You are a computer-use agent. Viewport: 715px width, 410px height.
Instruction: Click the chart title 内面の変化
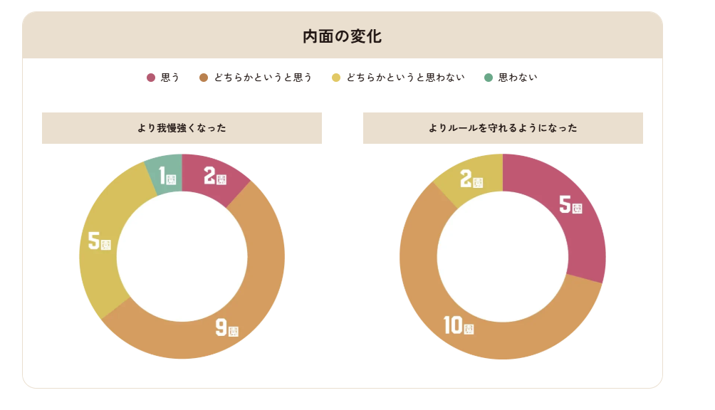[x=342, y=36]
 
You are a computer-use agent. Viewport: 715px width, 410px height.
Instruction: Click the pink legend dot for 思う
[x=151, y=78]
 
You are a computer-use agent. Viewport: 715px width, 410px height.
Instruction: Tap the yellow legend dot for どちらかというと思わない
[x=336, y=78]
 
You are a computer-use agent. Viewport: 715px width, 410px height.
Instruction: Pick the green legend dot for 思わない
[x=488, y=78]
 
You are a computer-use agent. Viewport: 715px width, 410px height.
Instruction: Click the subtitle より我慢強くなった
[x=182, y=128]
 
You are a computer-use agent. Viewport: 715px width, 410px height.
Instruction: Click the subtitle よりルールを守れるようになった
[x=503, y=128]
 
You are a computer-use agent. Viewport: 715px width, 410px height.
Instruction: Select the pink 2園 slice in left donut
[x=214, y=178]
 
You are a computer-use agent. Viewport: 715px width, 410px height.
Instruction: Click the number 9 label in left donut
[x=221, y=327]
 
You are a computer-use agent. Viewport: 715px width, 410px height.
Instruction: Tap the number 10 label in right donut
[x=453, y=325]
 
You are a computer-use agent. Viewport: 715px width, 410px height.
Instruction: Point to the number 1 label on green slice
[x=162, y=175]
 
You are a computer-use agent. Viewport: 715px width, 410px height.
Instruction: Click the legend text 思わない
[x=518, y=78]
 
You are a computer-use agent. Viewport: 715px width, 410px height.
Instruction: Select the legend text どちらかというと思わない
[x=405, y=78]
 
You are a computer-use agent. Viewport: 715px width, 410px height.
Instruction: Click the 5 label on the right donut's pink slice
[x=565, y=205]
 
